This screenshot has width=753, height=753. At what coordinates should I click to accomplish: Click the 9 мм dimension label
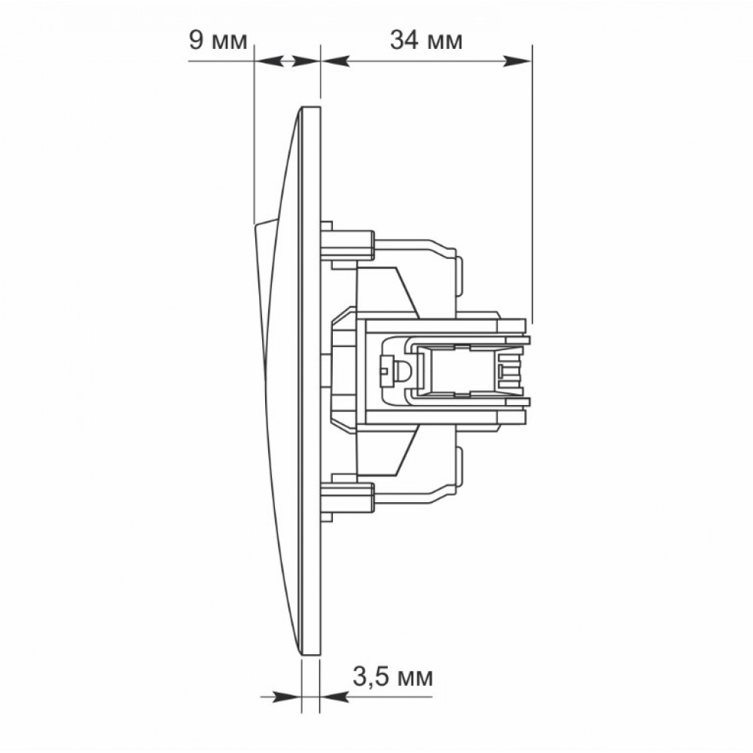click(218, 41)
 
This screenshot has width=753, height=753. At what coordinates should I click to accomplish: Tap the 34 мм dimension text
click(426, 41)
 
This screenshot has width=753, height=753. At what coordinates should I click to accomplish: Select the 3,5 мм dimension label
click(393, 677)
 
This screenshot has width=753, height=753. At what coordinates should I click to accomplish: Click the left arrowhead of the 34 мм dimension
click(335, 61)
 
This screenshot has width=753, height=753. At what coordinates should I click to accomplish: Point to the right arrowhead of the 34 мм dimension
click(517, 61)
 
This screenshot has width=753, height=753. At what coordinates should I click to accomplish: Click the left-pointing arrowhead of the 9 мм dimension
click(268, 61)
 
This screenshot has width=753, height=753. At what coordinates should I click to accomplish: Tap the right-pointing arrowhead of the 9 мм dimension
click(306, 61)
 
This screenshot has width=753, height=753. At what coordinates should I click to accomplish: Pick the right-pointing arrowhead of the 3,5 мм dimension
click(287, 697)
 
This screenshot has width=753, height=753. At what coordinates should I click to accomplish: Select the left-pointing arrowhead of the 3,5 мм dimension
click(334, 697)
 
